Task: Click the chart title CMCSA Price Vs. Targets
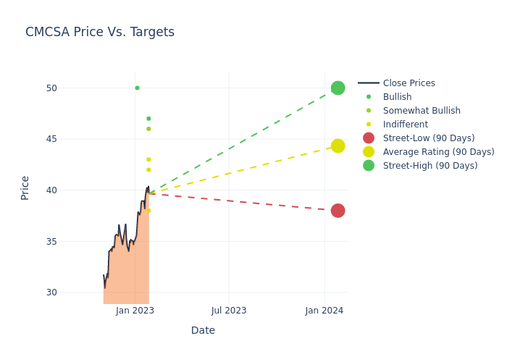(100, 33)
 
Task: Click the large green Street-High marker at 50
(338, 88)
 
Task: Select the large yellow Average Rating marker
(338, 146)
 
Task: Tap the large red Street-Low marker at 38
(338, 211)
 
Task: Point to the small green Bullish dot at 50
(137, 88)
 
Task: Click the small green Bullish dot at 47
(148, 119)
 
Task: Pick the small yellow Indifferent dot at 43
(148, 159)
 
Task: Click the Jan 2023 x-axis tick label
(135, 311)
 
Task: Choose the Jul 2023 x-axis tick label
(229, 311)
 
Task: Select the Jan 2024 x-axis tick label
(324, 311)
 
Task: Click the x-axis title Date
(203, 331)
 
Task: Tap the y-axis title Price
(25, 188)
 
